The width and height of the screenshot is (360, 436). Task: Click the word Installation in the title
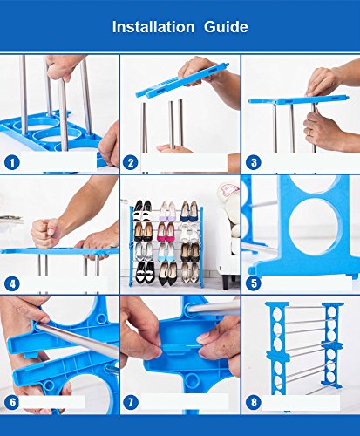[153, 27]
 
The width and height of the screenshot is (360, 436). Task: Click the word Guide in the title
[226, 27]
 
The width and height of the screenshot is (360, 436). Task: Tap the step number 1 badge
[12, 163]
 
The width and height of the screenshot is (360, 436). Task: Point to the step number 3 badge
[254, 163]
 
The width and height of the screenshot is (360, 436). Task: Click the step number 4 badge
[12, 284]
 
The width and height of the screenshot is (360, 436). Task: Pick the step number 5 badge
[254, 283]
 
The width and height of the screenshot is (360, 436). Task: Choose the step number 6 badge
[12, 403]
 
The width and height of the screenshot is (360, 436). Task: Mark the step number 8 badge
[254, 403]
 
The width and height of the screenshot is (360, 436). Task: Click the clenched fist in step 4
[46, 233]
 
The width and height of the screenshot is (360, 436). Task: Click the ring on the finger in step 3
[309, 132]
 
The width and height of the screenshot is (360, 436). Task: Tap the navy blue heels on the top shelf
[189, 211]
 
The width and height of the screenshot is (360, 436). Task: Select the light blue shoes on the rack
[166, 252]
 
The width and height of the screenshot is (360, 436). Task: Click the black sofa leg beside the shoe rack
[226, 282]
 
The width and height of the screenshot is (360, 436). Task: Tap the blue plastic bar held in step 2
[182, 80]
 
